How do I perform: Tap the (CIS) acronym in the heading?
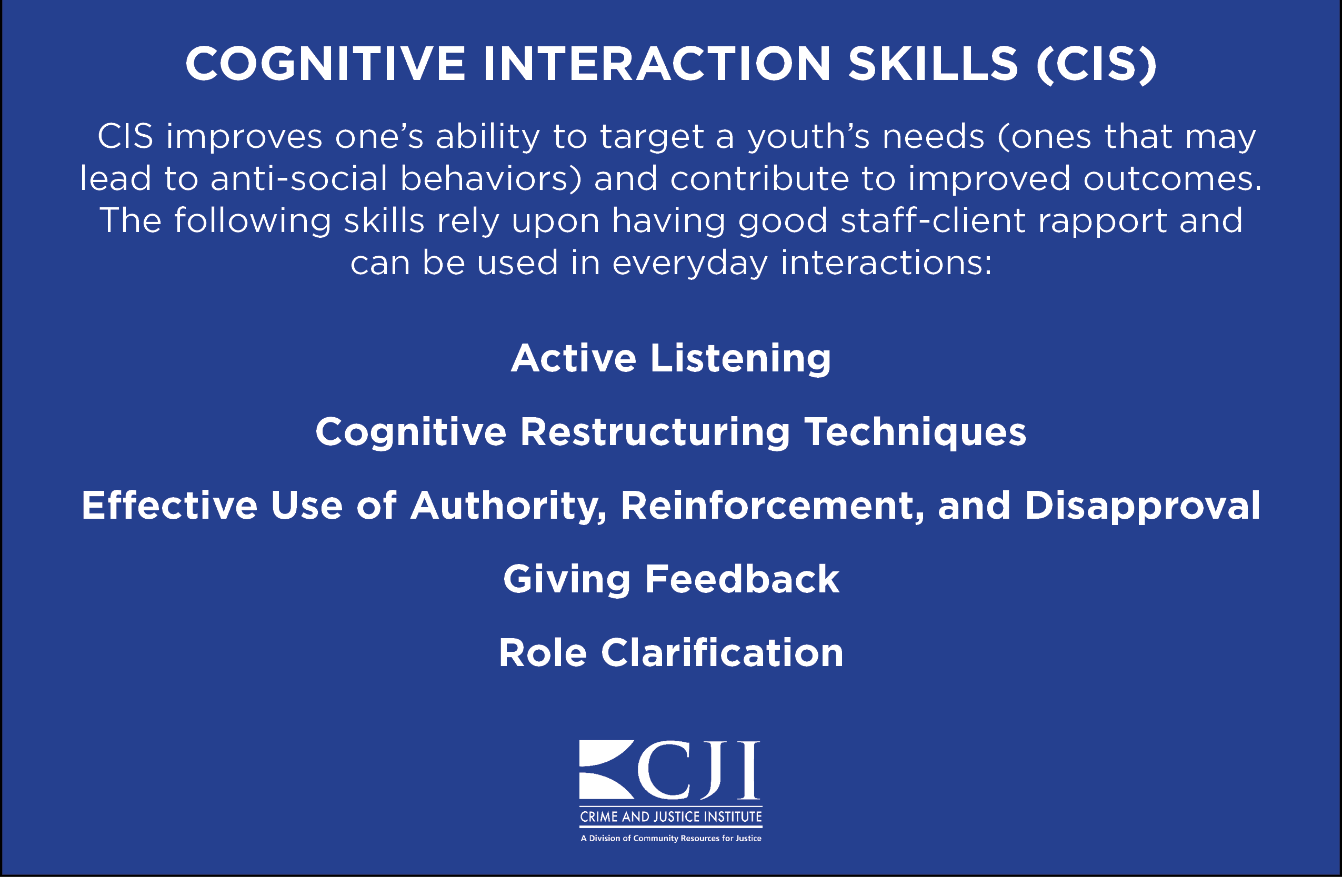click(1096, 64)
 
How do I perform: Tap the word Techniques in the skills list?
click(915, 433)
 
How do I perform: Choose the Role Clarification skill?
click(671, 653)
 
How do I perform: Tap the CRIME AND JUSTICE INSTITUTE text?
click(671, 816)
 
